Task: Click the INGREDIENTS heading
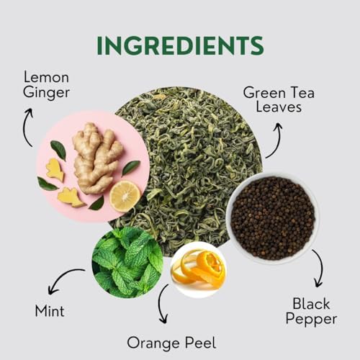coord(180,45)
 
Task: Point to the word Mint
coord(49,311)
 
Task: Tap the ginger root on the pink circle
coord(94,156)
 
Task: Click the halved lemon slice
coord(125,196)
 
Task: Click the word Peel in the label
coord(200,342)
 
